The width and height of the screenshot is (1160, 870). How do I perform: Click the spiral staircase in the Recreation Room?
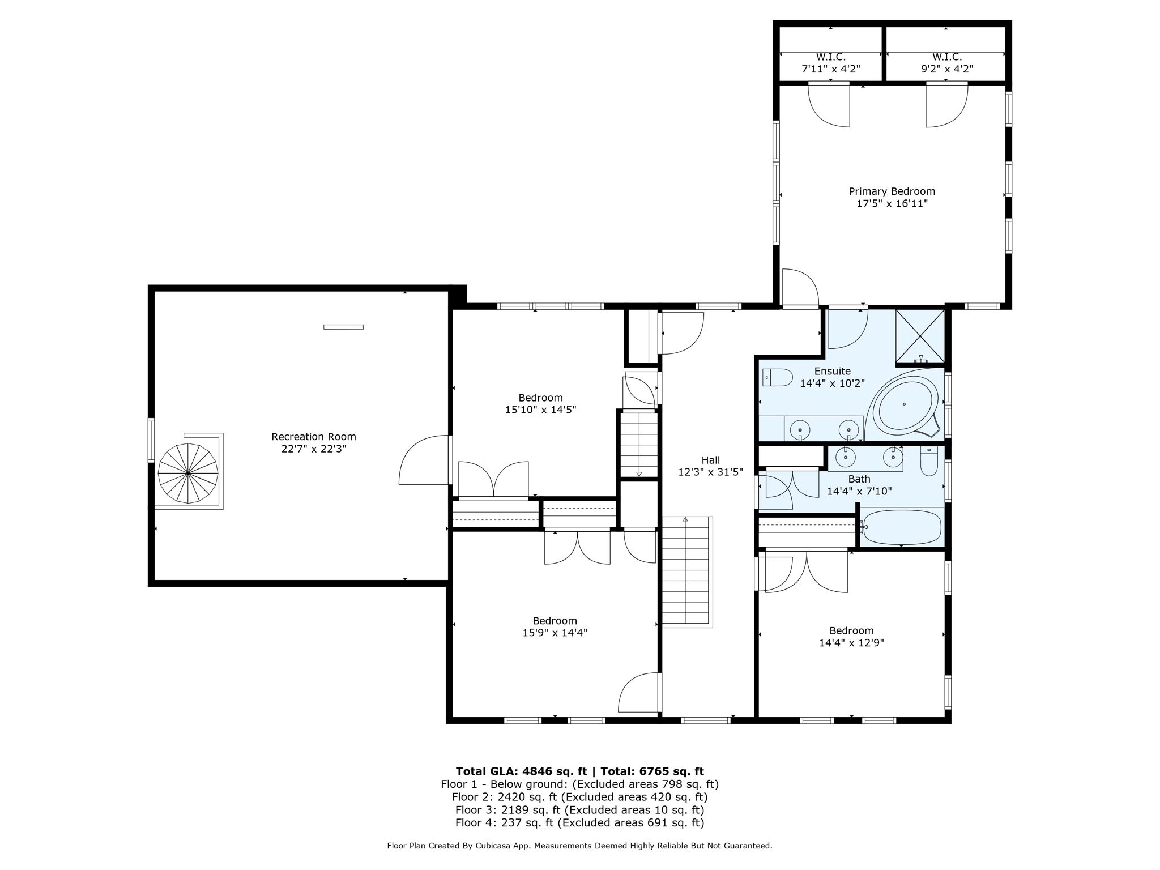pos(188,473)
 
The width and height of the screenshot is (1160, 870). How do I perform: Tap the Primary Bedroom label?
pos(892,191)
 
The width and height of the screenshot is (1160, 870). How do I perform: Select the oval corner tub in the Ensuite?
pos(904,404)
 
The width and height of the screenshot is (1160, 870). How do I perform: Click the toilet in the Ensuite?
pos(778,377)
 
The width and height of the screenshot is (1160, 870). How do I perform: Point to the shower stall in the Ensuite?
pos(920,336)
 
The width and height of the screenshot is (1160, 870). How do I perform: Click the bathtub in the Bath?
pos(902,527)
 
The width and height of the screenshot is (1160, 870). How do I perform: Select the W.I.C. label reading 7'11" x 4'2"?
pos(830,63)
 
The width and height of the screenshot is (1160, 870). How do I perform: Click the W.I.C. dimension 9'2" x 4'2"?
pos(947,69)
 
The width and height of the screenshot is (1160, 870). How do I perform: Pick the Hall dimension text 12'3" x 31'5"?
pos(710,472)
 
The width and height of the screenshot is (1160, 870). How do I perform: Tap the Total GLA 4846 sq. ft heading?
pos(579,771)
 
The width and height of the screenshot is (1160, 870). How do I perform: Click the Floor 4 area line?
pos(579,822)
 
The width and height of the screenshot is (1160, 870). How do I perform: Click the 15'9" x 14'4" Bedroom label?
pos(555,626)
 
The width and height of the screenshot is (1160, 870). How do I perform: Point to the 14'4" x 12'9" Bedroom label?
pos(851,637)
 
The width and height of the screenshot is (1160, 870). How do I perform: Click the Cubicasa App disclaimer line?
pos(579,846)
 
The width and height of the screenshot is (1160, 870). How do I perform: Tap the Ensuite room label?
pos(832,371)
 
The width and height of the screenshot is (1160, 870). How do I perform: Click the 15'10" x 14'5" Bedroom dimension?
pos(540,410)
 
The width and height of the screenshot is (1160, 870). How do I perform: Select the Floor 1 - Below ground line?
pos(579,784)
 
